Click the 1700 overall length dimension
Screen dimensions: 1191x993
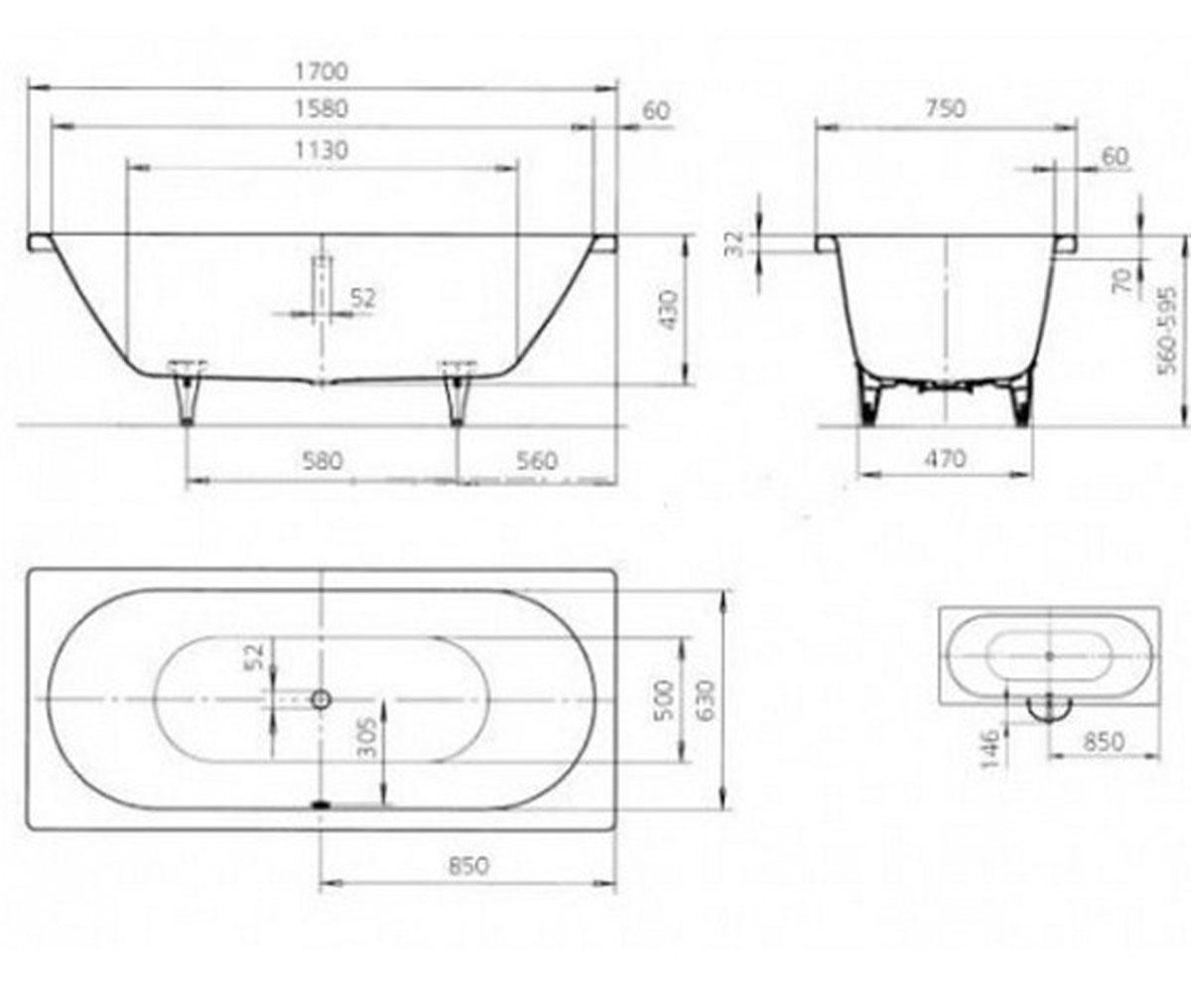(322, 71)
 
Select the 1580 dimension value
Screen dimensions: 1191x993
(322, 109)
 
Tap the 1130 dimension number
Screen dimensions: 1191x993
(322, 151)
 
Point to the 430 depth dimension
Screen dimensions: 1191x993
(668, 310)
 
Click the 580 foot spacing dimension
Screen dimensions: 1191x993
(323, 461)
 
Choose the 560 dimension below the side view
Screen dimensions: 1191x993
(536, 461)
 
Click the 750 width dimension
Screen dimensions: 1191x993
(945, 108)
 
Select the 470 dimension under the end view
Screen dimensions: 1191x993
(945, 458)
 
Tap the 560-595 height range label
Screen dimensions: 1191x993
(1166, 331)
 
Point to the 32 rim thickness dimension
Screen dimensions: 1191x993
(736, 243)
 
